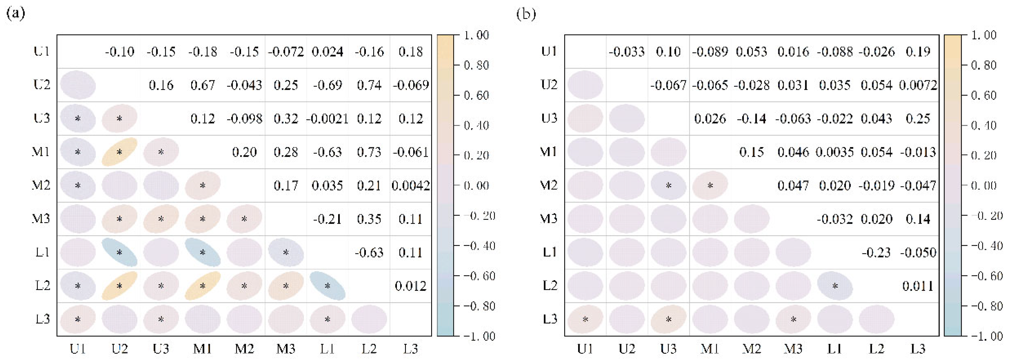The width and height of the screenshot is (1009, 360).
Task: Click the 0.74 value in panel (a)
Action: (369, 85)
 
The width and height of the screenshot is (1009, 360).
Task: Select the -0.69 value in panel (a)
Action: (328, 85)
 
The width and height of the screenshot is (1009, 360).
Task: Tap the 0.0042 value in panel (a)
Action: (411, 185)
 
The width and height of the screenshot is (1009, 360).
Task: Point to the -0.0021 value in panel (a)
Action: (328, 119)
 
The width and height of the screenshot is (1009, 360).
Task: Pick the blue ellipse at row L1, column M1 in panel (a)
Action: (202, 252)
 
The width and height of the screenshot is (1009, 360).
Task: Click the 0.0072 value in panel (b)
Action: (918, 85)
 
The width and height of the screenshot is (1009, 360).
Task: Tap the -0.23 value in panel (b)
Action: (876, 252)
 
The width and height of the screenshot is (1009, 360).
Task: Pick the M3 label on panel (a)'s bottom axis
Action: (286, 349)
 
